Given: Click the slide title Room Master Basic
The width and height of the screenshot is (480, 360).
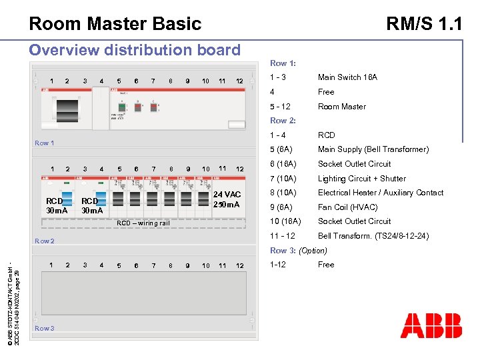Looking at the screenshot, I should [x=115, y=24].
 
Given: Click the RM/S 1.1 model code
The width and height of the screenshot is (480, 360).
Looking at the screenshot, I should [x=424, y=24].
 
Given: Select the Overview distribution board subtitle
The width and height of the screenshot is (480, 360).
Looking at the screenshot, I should [x=135, y=50].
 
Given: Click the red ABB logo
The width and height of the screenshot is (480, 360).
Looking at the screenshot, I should [x=431, y=326].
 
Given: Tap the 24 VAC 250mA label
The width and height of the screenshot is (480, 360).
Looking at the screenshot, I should [x=227, y=199].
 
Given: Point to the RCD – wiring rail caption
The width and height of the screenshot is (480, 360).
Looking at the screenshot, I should [x=143, y=223].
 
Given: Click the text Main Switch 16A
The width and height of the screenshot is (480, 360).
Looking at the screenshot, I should [x=347, y=77].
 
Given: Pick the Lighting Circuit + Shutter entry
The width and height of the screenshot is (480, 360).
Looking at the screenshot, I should [x=361, y=179].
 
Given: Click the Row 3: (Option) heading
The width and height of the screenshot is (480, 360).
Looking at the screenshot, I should [x=298, y=251].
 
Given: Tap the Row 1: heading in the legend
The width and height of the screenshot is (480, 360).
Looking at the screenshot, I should [x=283, y=63].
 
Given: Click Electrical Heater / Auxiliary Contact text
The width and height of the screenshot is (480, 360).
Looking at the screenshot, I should [x=380, y=193].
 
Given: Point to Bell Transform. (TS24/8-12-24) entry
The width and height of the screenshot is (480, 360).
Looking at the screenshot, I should [x=373, y=236].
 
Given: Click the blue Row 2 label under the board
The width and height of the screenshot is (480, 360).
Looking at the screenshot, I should [x=45, y=241].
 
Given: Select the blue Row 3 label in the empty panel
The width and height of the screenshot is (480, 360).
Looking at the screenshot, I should [x=45, y=328].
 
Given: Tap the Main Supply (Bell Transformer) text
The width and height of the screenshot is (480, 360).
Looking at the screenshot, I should [x=373, y=149].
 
